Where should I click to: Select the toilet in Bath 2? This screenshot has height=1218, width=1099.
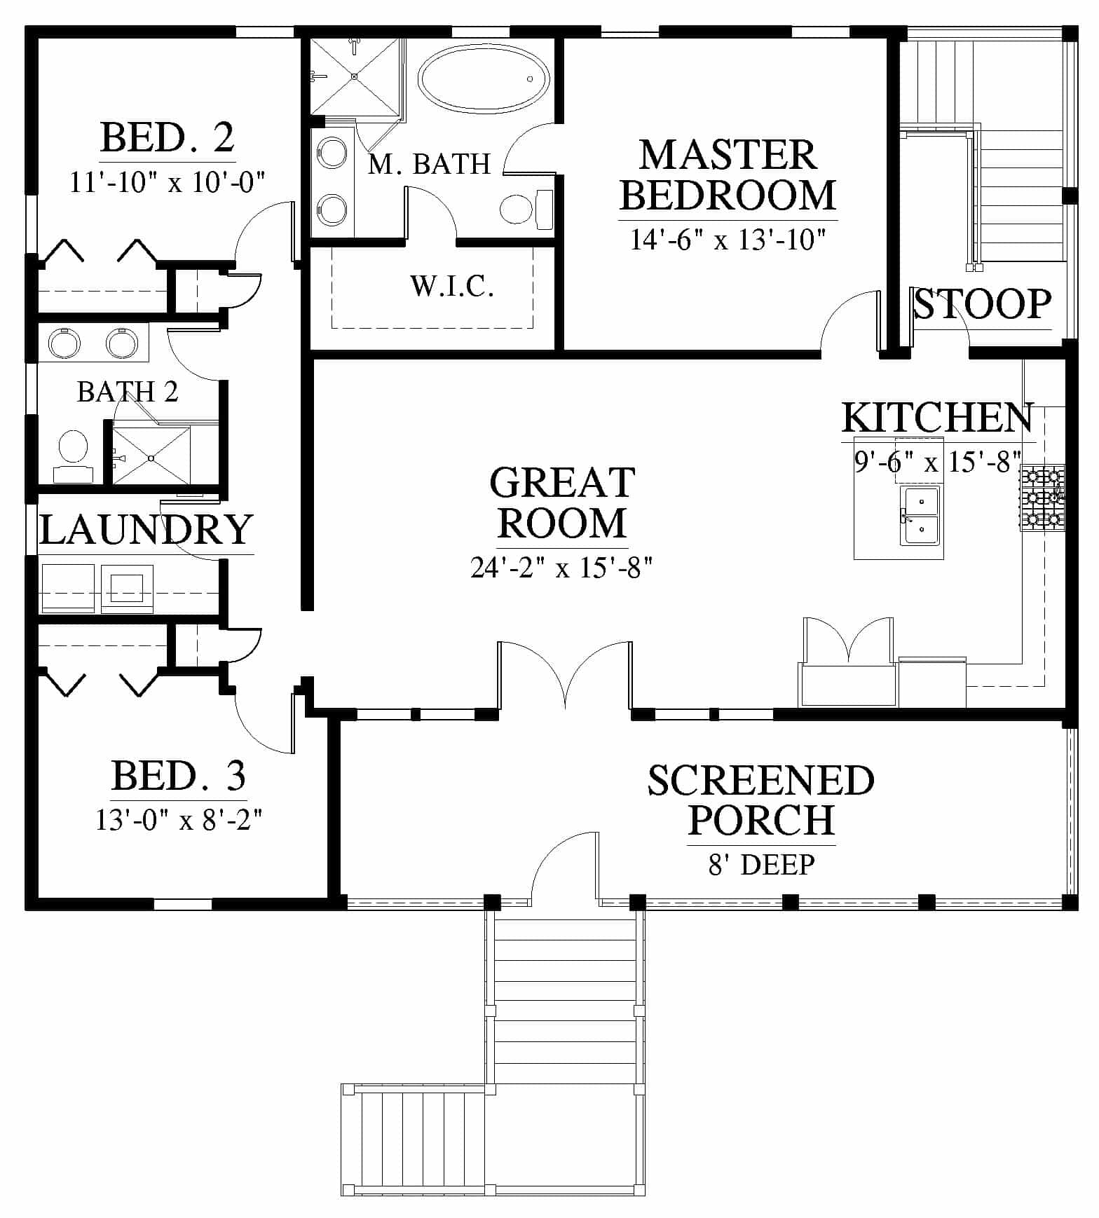click(x=73, y=456)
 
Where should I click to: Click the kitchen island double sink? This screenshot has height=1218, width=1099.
click(x=920, y=516)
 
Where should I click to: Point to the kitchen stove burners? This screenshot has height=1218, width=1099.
click(x=1042, y=498)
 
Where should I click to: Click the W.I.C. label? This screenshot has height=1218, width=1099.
click(x=452, y=286)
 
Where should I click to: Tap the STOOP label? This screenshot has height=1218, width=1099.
click(x=983, y=304)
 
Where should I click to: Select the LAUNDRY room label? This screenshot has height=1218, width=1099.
click(x=146, y=529)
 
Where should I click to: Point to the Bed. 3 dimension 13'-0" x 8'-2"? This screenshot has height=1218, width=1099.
click(x=179, y=819)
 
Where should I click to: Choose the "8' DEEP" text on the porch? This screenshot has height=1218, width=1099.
click(x=761, y=864)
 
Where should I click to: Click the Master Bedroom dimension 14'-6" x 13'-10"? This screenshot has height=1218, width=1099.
click(x=728, y=240)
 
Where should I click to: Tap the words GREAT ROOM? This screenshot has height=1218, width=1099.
click(x=562, y=502)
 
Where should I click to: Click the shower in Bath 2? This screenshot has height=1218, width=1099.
click(x=151, y=456)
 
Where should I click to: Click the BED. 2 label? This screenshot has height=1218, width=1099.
click(x=167, y=137)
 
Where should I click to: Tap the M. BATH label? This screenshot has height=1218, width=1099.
click(x=429, y=164)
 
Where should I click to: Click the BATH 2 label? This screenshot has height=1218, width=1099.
click(x=128, y=392)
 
